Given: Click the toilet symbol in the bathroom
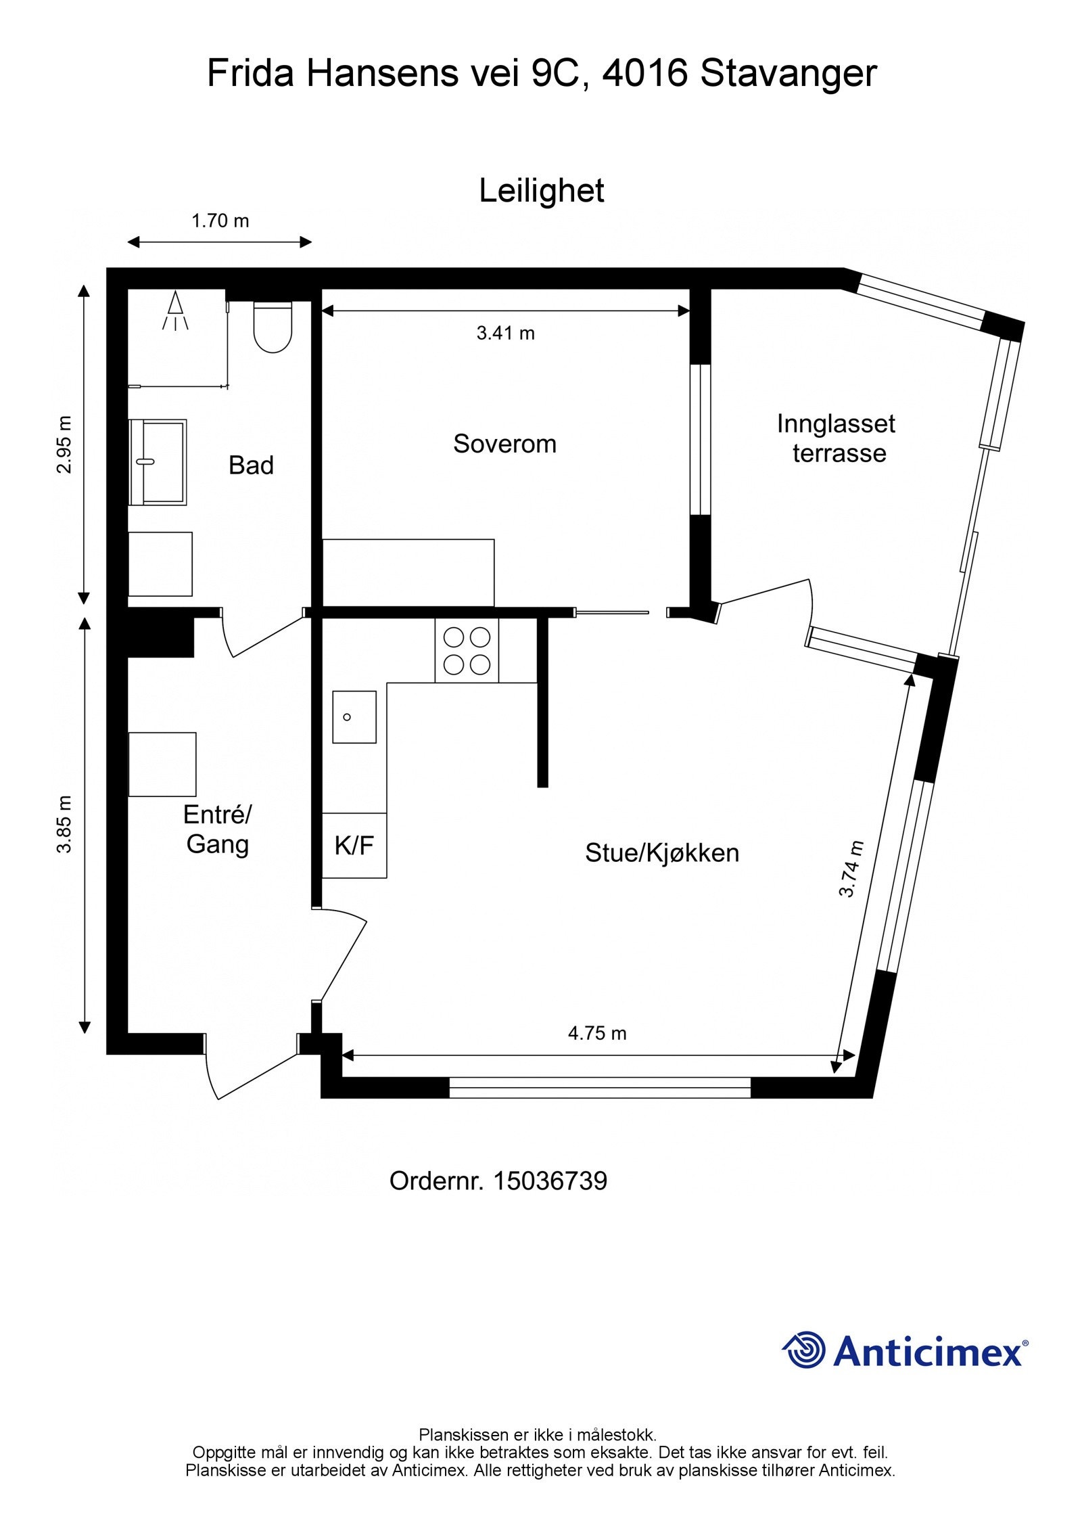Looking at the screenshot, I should pos(273,327).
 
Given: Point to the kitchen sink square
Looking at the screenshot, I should pos(354,716).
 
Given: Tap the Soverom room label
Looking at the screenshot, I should pos(504,444).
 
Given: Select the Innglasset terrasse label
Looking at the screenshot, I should pos(837,438).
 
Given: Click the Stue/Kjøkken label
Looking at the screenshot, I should pos(661,852).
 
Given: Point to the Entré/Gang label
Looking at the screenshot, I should pos(217,829).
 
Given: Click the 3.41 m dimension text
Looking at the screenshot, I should pos(505,333).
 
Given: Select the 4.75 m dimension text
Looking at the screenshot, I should pos(596,1033).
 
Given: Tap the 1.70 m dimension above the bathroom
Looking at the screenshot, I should pos(220,221).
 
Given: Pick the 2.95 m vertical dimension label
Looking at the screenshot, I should pos(64,444).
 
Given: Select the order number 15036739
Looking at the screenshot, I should pos(550,1181).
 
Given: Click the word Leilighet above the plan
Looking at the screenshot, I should pos(541,191).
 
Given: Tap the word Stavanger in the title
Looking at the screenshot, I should pos(788,73).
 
